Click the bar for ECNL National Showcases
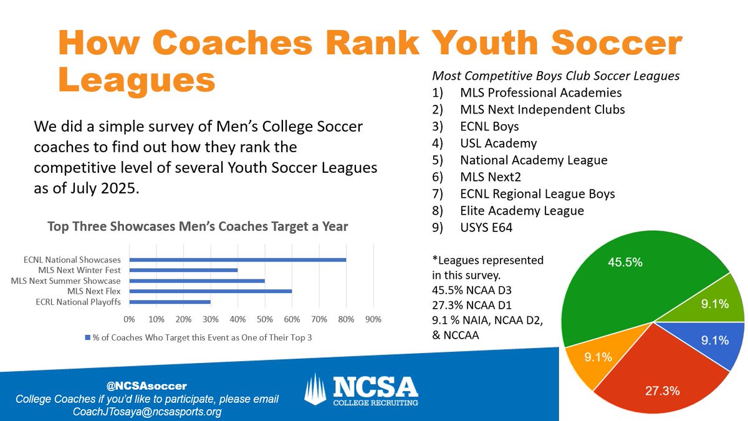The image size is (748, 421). pyautogui.click(x=237, y=259)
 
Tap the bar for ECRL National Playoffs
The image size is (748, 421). pyautogui.click(x=170, y=302)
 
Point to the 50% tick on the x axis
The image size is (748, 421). pyautogui.click(x=264, y=319)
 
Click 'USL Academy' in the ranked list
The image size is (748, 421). pyautogui.click(x=498, y=143)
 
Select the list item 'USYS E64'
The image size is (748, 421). pyautogui.click(x=488, y=228)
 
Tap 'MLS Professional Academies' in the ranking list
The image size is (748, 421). pyautogui.click(x=540, y=93)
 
